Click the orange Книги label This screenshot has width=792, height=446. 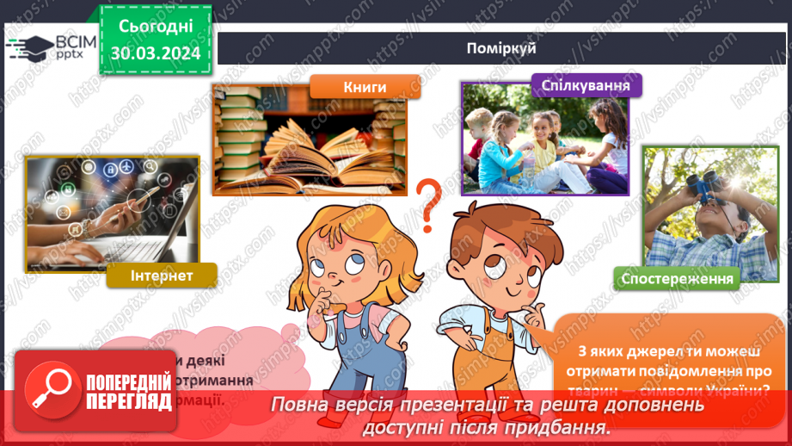click(x=365, y=87)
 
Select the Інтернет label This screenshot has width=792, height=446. click(x=161, y=276)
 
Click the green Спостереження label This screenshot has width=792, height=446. click(x=678, y=277)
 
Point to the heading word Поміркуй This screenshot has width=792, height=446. click(x=503, y=48)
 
